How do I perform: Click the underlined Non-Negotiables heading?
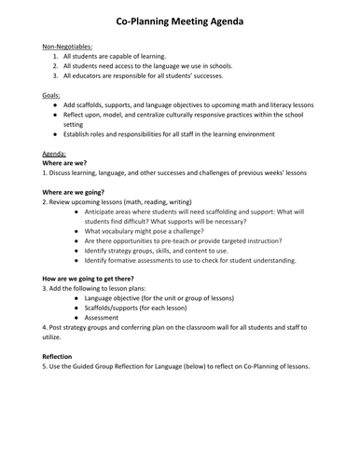[x=67, y=46]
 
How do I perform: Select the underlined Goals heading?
[x=54, y=96]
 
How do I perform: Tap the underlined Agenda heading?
[x=56, y=152]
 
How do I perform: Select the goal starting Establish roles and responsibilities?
[x=173, y=133]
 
